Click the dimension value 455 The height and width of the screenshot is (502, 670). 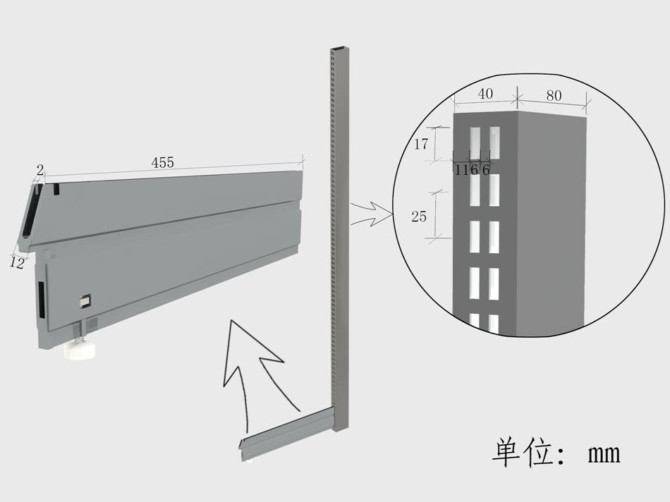pos(163,162)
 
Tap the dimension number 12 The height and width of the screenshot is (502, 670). pos(17,263)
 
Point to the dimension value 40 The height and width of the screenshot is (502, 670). pos(485,94)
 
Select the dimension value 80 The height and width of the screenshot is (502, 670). pos(554,95)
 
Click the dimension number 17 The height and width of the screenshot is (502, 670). pos(421,145)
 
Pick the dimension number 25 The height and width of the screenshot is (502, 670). pos(419,216)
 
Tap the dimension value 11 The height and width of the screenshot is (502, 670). pos(462,170)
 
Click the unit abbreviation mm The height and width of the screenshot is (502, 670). pos(604,454)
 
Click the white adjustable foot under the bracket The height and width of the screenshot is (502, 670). pos(80,350)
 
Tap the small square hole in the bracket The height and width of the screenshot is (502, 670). pos(85,301)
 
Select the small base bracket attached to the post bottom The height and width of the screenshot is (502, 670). pos(286,434)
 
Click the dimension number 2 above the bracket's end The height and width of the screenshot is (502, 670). pos(39,171)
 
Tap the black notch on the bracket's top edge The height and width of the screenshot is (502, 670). pos(56,189)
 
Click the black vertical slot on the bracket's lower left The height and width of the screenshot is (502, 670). pos(42,300)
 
